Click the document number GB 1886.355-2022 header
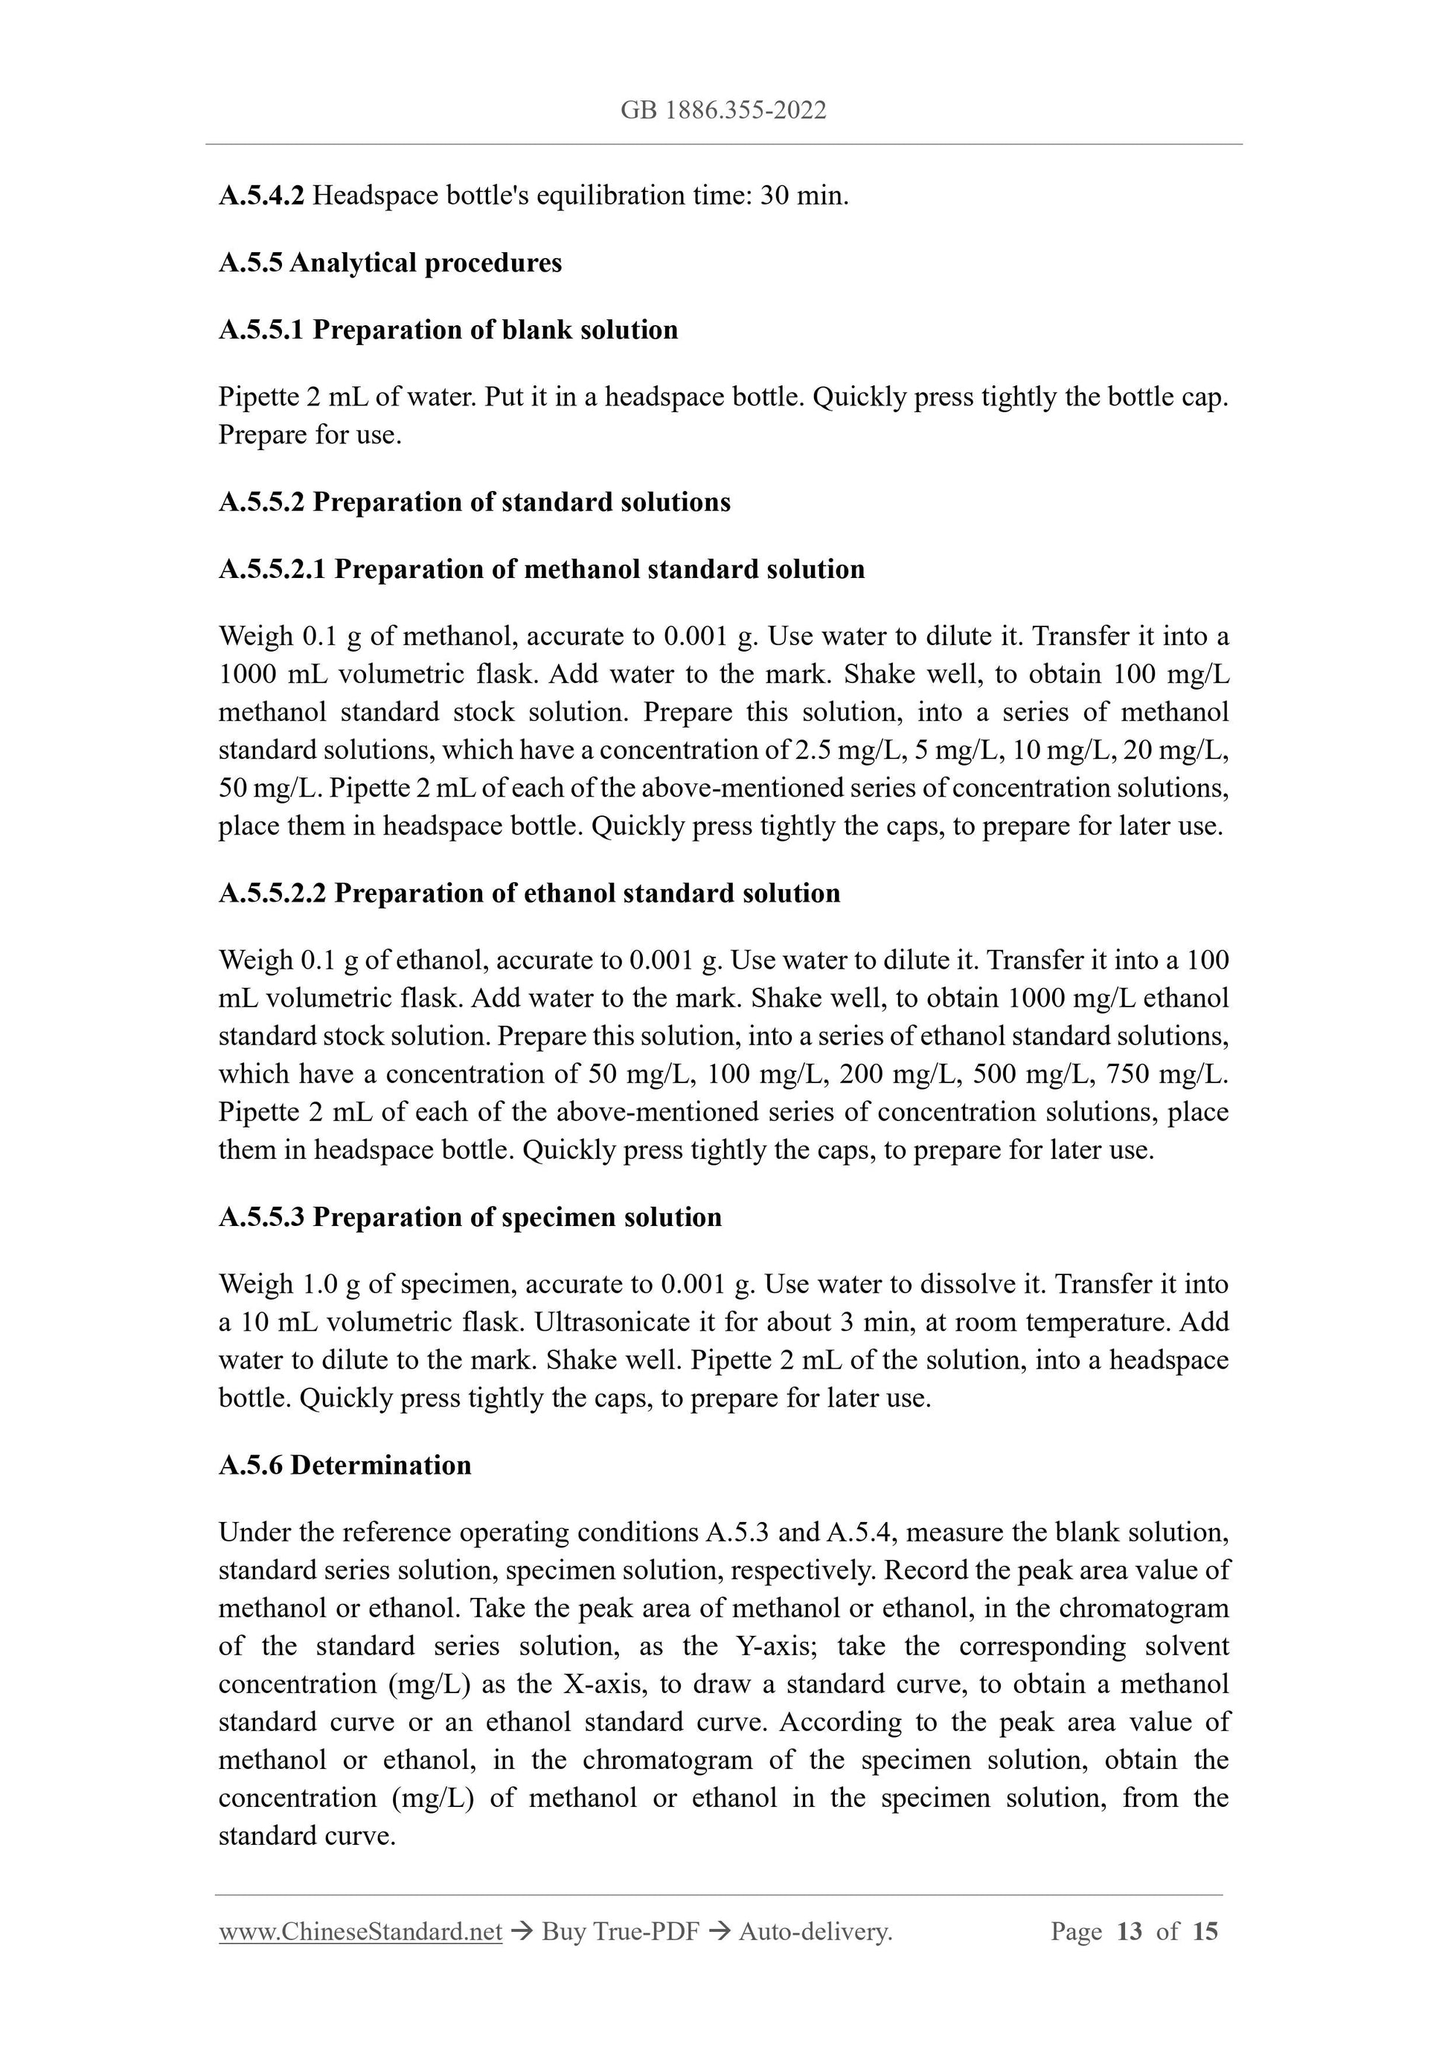723,111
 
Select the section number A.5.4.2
261,196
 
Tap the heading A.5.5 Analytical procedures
390,263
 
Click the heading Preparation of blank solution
494,330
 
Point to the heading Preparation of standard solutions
520,502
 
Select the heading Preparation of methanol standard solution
599,569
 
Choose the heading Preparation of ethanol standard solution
586,893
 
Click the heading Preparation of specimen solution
516,1218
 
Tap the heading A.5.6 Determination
345,1465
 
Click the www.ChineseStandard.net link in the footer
360,1932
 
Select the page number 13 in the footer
1129,1932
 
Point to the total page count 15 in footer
1205,1932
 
